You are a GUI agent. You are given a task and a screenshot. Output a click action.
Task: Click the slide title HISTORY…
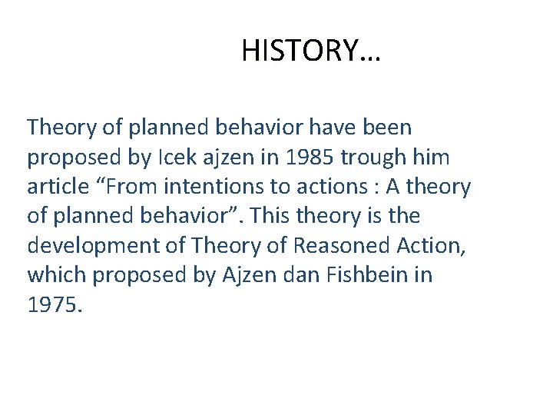[311, 51]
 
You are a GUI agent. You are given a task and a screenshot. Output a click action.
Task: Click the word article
[58, 186]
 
